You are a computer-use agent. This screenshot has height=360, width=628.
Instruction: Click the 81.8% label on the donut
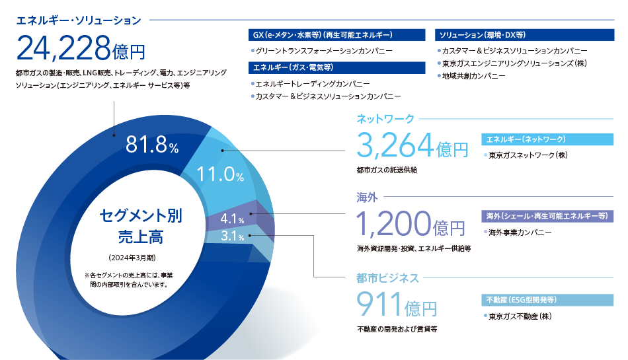[x=152, y=145]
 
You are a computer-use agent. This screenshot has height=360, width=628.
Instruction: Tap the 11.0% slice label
[x=220, y=174]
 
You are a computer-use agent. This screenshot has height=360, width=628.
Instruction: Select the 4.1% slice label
[x=232, y=219]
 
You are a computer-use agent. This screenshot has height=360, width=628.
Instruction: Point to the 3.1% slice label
[x=232, y=236]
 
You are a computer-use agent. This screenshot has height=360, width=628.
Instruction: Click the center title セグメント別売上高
[x=141, y=226]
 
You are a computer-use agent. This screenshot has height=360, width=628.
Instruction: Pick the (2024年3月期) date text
[x=132, y=258]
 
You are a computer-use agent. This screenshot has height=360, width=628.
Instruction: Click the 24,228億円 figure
[x=81, y=48]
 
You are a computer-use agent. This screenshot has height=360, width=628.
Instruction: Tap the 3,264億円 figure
[x=412, y=145]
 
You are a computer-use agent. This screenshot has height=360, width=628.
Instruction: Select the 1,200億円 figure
[x=411, y=224]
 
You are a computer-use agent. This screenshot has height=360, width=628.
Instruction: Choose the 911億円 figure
[x=397, y=304]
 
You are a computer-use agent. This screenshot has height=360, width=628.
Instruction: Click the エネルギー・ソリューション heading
[x=79, y=20]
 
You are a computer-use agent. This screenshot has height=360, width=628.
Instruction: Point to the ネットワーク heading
[x=385, y=119]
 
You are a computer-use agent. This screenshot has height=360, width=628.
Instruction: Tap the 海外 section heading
[x=367, y=198]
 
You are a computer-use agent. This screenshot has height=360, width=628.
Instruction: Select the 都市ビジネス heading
[x=387, y=278]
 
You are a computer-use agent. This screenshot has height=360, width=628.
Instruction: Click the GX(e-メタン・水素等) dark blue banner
[x=336, y=35]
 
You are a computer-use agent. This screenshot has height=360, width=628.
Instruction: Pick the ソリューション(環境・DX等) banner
[x=524, y=35]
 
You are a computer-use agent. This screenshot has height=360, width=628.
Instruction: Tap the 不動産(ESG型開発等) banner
[x=547, y=300]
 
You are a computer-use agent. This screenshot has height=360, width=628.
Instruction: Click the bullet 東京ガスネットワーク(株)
[x=526, y=155]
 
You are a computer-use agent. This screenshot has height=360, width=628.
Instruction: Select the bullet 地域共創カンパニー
[x=471, y=76]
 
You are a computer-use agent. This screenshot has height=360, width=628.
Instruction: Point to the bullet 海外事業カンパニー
[x=518, y=233]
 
